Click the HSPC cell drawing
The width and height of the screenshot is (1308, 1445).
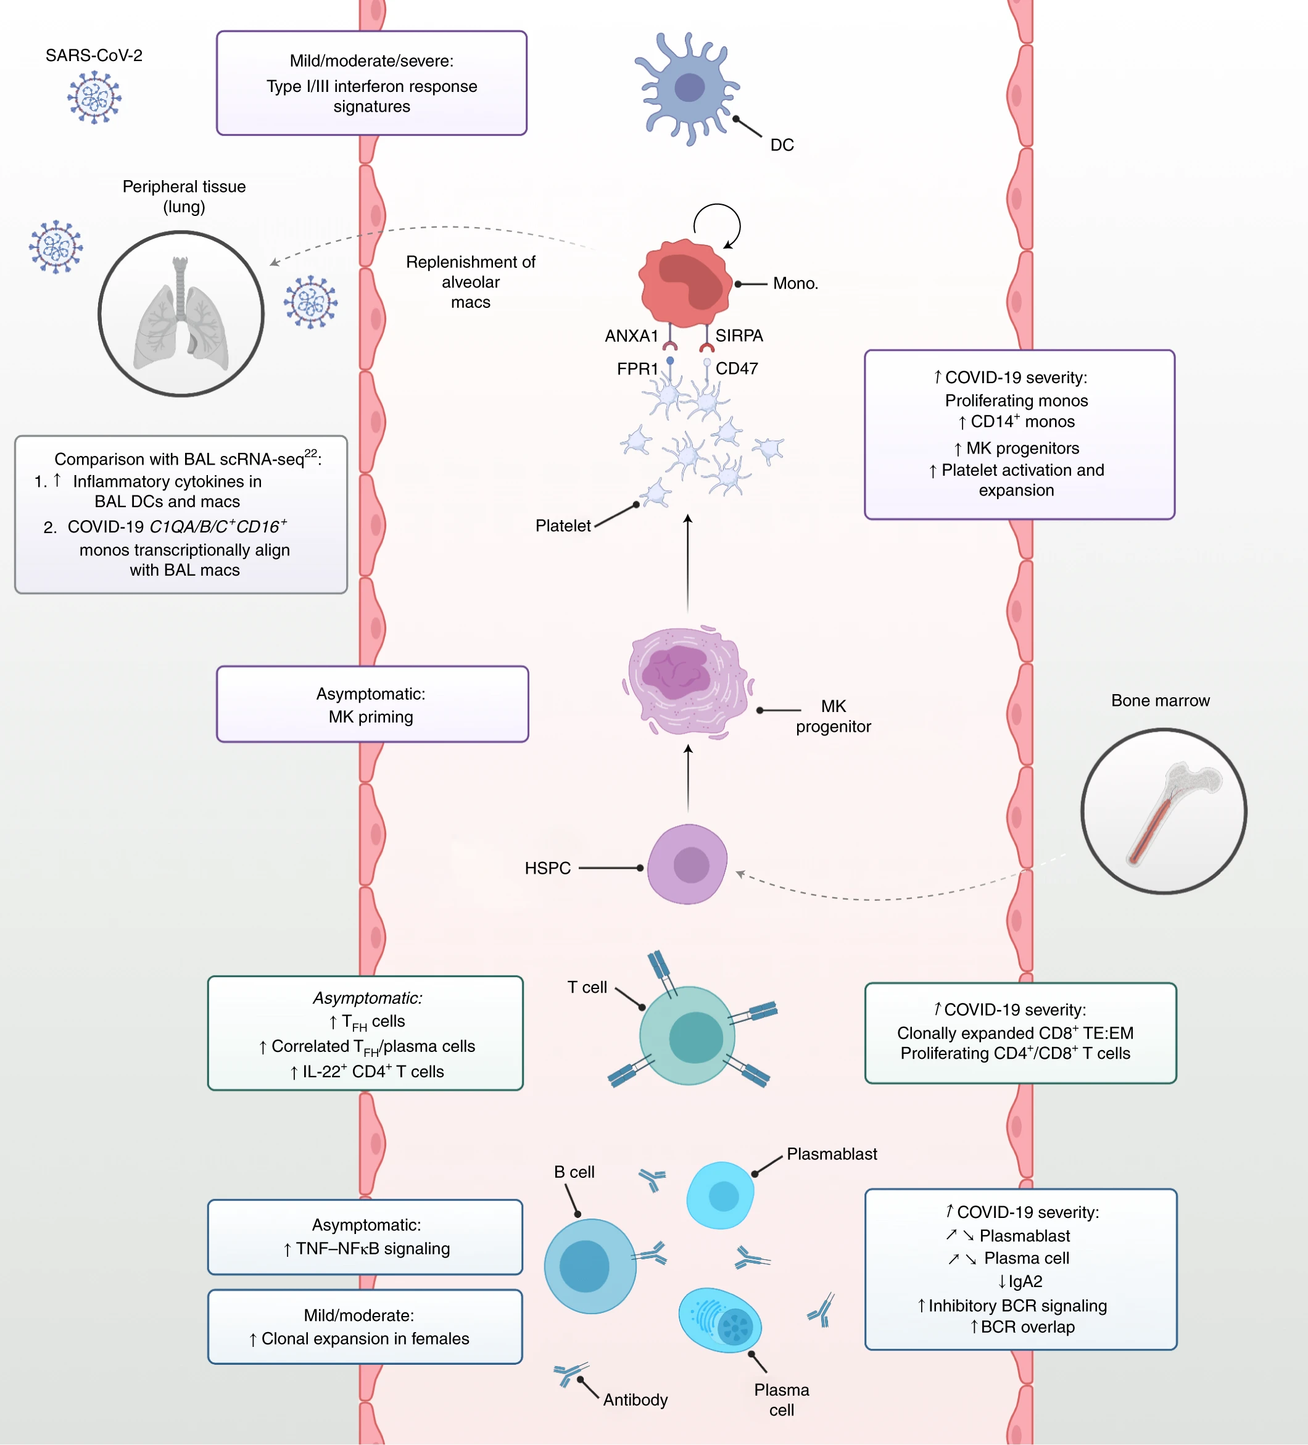click(687, 864)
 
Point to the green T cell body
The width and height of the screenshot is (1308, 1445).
click(687, 1035)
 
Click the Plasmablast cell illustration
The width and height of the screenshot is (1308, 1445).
click(720, 1195)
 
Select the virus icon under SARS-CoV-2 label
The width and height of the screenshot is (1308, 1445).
click(94, 97)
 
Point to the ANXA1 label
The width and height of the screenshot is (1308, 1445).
click(631, 336)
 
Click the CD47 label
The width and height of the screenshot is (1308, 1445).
click(737, 368)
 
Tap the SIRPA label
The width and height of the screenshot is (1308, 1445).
click(739, 336)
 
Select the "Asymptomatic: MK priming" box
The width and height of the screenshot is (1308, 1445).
click(372, 704)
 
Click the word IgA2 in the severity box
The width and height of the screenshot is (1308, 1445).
click(1024, 1281)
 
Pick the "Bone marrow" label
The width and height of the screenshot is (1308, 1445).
click(1160, 700)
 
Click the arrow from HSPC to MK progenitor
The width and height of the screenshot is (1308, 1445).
click(688, 777)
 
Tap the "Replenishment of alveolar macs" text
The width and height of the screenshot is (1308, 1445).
click(470, 282)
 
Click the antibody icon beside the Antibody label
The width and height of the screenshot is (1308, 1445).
click(570, 1372)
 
